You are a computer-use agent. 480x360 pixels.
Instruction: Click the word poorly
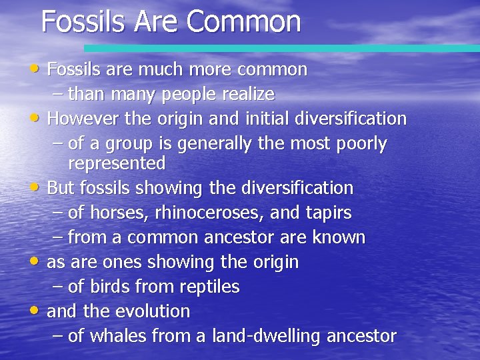[x=357, y=144]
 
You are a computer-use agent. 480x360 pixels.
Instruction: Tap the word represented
[x=117, y=163]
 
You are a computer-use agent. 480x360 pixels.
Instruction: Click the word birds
[x=110, y=287]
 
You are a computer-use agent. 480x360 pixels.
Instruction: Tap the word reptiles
[x=209, y=287]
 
